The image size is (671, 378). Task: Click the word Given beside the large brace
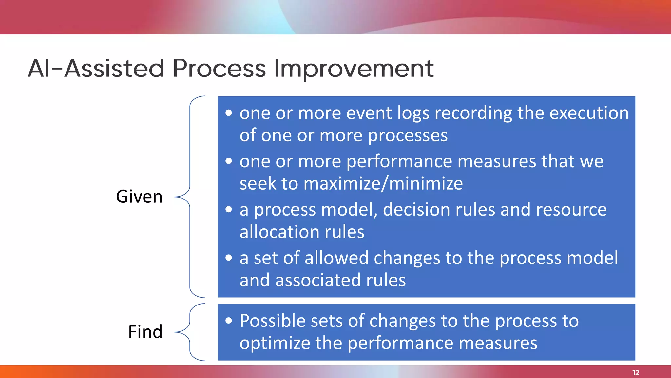(139, 197)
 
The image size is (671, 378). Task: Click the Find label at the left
(145, 331)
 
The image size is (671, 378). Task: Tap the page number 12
(636, 373)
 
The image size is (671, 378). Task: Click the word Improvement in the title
(354, 69)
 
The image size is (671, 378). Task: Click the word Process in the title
(219, 69)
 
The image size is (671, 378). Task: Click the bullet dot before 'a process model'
(229, 209)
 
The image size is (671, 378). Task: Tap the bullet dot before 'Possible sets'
(229, 321)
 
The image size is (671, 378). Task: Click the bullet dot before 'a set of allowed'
(229, 258)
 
